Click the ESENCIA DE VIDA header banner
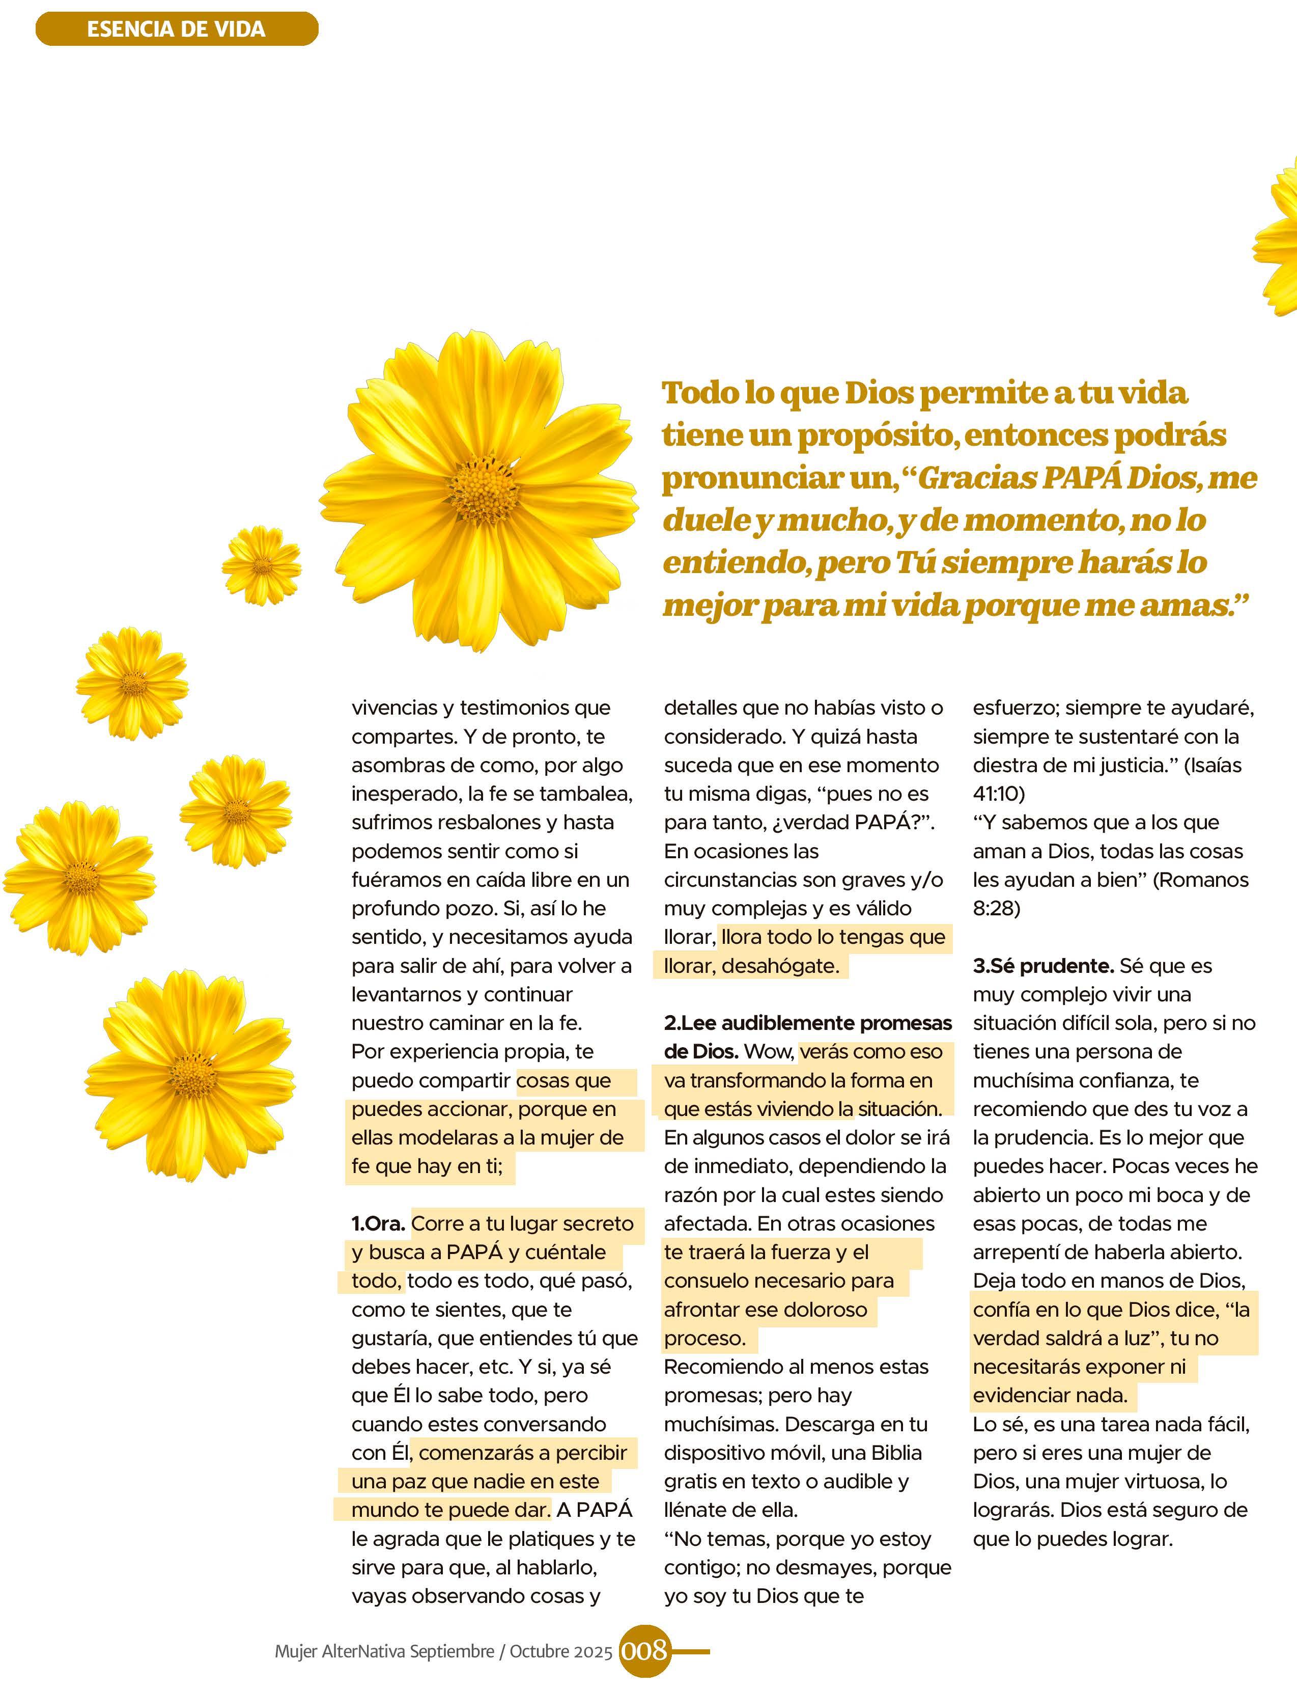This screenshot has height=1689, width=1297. [176, 30]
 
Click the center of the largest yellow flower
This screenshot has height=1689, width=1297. [484, 486]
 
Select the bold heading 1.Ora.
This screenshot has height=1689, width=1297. [378, 1223]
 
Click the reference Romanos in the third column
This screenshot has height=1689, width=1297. [1200, 880]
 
